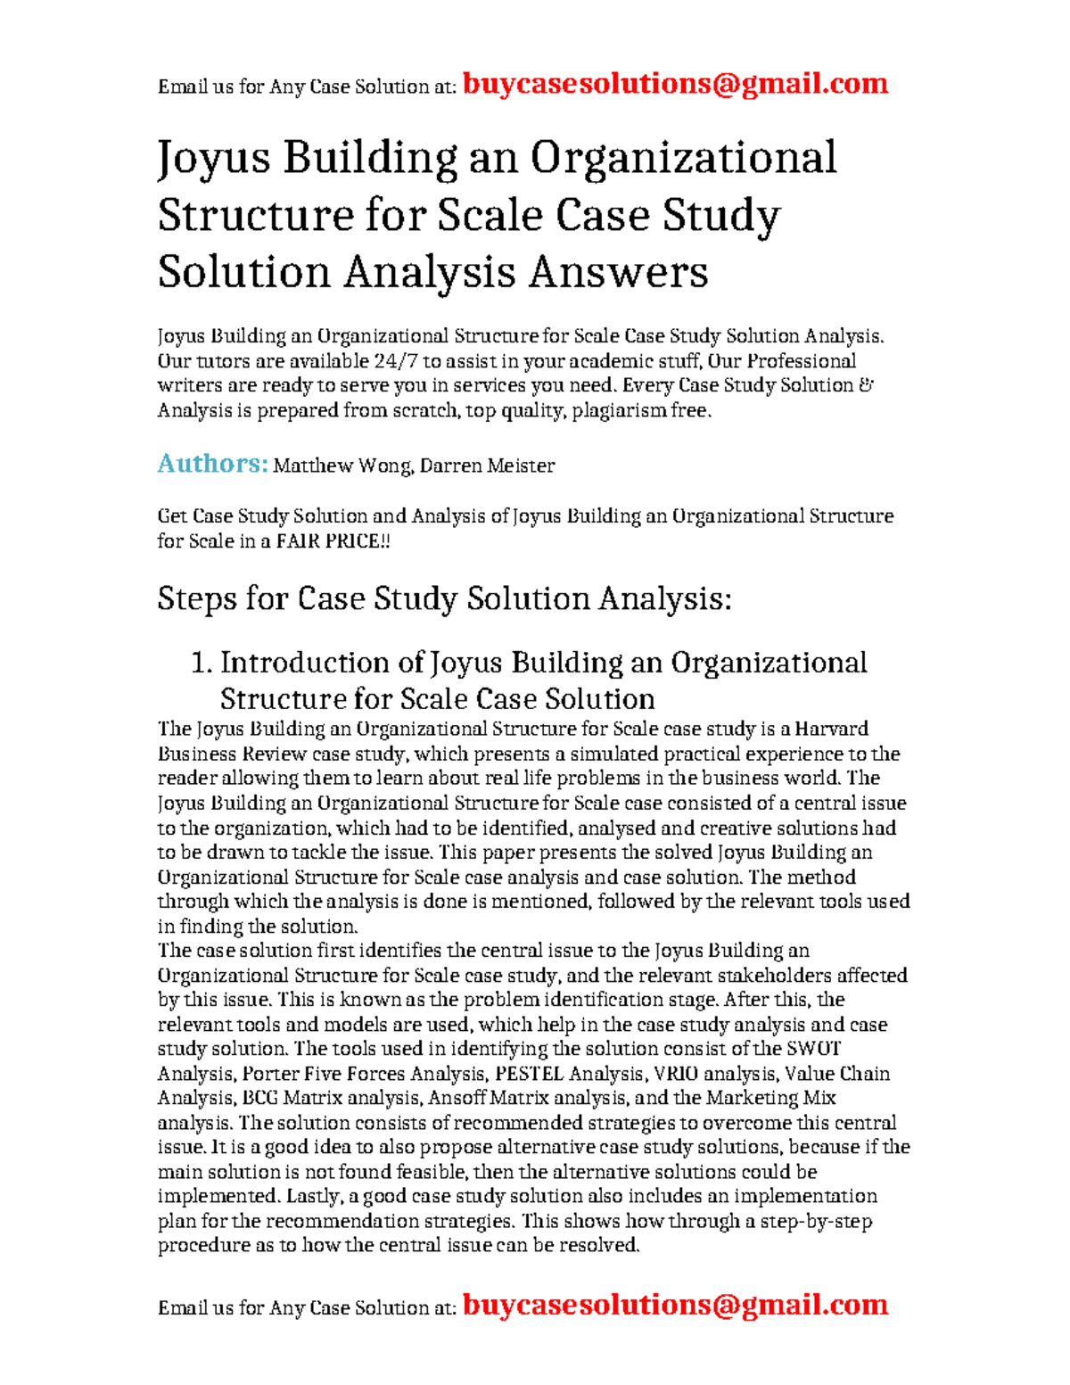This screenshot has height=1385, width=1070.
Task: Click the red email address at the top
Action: [x=675, y=84]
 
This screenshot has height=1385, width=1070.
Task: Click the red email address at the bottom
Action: [x=675, y=1305]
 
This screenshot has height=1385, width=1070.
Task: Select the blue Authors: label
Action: [x=212, y=464]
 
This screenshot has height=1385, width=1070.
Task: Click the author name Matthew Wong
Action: [x=342, y=466]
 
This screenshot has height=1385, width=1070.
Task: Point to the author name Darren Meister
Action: [x=487, y=466]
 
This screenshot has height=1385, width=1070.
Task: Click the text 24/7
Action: [x=396, y=361]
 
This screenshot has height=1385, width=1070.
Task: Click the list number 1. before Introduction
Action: [x=202, y=663]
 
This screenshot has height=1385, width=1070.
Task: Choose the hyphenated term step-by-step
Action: [x=815, y=1221]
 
